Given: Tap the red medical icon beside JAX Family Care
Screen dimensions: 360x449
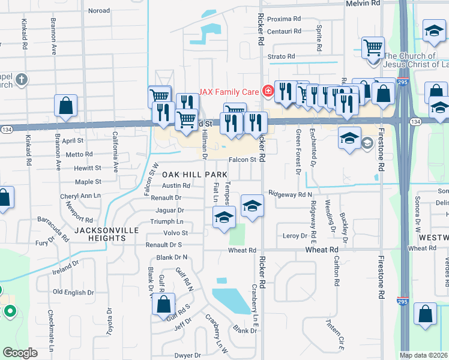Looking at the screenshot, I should point(268,92).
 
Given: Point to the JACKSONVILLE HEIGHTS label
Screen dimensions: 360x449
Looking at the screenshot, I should point(100,234).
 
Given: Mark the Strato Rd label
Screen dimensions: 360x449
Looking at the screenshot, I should point(282,56).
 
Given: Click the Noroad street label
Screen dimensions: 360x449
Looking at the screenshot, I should point(99,11).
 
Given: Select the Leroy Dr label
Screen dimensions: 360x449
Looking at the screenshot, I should point(295,236).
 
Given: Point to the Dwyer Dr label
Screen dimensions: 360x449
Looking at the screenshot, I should point(187,356).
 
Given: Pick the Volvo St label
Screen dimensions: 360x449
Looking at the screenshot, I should point(176,233).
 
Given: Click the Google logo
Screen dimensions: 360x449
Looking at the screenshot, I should point(20,353).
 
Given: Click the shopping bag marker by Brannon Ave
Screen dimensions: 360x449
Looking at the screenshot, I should point(65,105).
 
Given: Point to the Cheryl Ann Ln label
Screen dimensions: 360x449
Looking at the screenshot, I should point(80,196).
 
